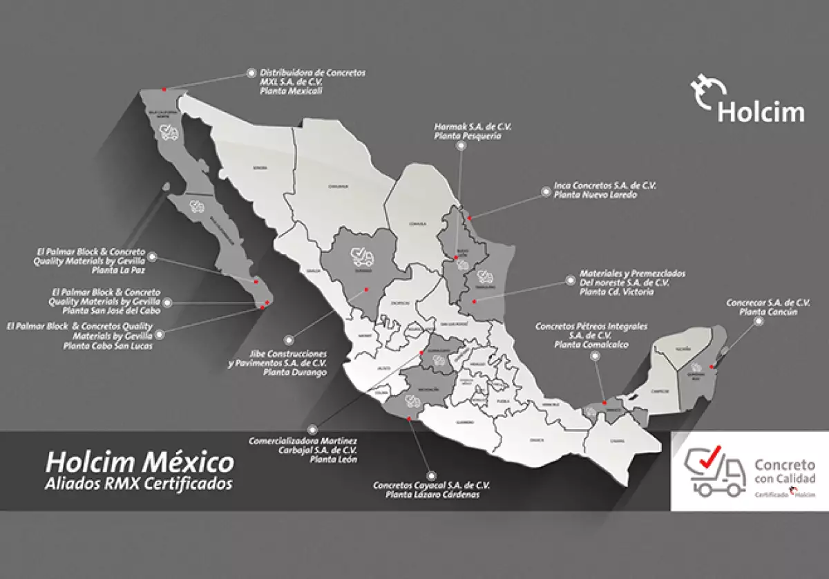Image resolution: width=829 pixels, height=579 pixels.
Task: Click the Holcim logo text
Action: tap(761, 111)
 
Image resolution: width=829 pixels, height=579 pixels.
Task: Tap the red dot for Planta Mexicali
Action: tap(164, 89)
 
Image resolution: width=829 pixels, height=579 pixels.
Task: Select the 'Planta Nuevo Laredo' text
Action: tap(595, 195)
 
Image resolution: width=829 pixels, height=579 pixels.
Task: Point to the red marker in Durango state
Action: tap(366, 289)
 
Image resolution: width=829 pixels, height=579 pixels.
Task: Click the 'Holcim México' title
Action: tap(139, 460)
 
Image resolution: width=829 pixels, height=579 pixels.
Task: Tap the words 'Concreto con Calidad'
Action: tap(785, 471)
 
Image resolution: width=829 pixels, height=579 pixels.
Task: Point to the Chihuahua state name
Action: tap(338, 186)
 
